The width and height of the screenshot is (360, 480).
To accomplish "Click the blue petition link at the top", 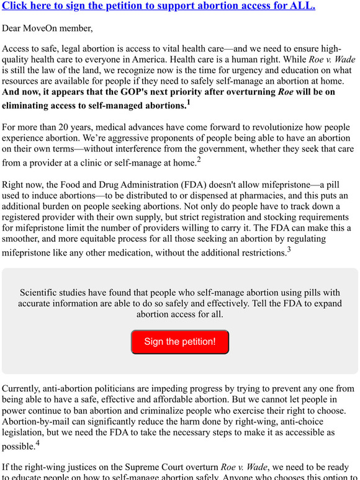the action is (x=158, y=6).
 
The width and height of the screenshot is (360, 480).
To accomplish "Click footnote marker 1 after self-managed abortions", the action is (x=189, y=102).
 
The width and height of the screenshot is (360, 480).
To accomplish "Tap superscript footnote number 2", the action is (x=199, y=160).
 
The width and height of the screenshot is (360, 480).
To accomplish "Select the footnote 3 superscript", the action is (x=289, y=250).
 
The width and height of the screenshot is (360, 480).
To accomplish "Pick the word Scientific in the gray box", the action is (x=43, y=293).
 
